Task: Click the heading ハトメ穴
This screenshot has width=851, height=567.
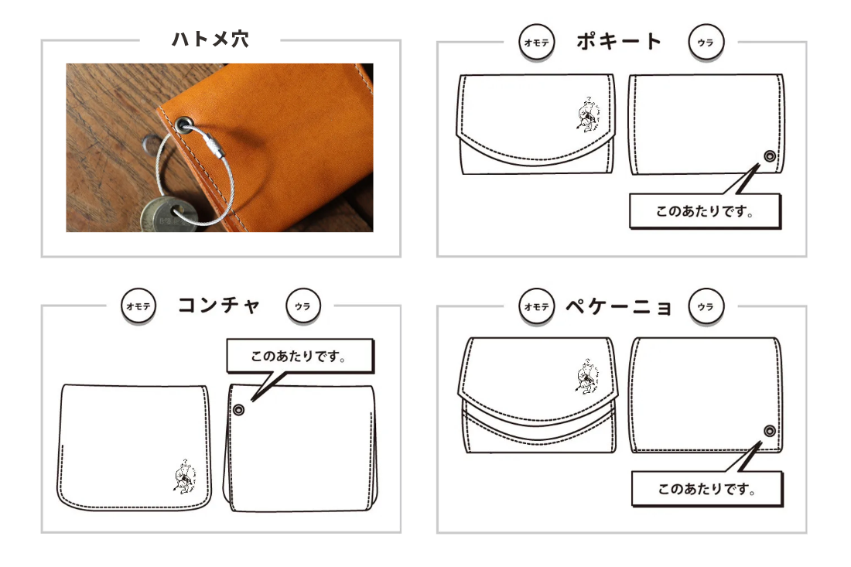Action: [210, 39]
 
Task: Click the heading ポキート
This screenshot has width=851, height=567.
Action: [619, 41]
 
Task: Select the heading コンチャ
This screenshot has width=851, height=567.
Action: [219, 305]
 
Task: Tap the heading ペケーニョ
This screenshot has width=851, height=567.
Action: [619, 306]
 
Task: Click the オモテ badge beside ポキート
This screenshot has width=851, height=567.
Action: [537, 43]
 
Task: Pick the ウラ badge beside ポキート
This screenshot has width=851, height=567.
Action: [706, 43]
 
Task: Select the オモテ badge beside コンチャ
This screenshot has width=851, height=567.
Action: [138, 306]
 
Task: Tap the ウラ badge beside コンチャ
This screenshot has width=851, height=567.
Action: [302, 306]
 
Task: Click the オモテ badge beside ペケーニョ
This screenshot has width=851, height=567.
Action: [537, 306]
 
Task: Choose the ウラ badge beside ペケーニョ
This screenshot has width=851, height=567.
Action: [706, 306]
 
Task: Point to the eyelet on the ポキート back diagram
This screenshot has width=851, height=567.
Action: [770, 156]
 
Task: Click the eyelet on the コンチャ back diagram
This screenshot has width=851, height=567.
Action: [239, 410]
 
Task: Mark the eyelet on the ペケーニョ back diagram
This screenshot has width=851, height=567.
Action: [770, 432]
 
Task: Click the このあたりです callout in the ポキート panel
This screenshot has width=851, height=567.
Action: [705, 211]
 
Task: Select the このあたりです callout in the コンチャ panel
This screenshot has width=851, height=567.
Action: [300, 357]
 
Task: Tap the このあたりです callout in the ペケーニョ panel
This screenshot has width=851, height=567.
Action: [707, 489]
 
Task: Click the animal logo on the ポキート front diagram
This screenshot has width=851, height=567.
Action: [588, 114]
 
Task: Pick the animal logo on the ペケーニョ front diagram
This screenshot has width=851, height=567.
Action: [587, 376]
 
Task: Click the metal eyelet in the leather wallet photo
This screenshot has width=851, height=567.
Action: [183, 125]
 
